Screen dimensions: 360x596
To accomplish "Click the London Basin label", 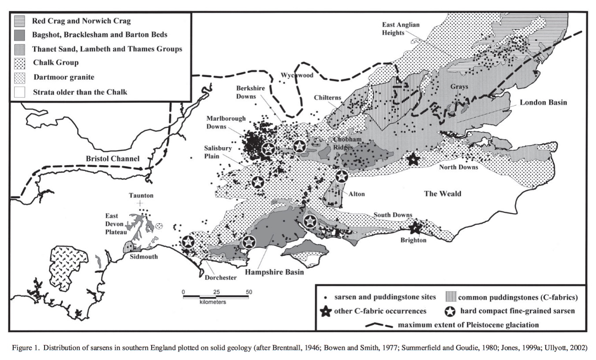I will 543,103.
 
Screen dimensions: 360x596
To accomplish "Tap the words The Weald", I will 443,193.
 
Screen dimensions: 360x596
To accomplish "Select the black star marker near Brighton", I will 414,228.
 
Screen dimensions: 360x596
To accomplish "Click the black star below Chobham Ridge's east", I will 413,160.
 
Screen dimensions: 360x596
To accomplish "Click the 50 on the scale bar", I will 249,292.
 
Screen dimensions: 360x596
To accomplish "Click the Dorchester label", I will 220,278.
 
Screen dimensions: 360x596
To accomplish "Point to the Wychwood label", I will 297,75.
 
